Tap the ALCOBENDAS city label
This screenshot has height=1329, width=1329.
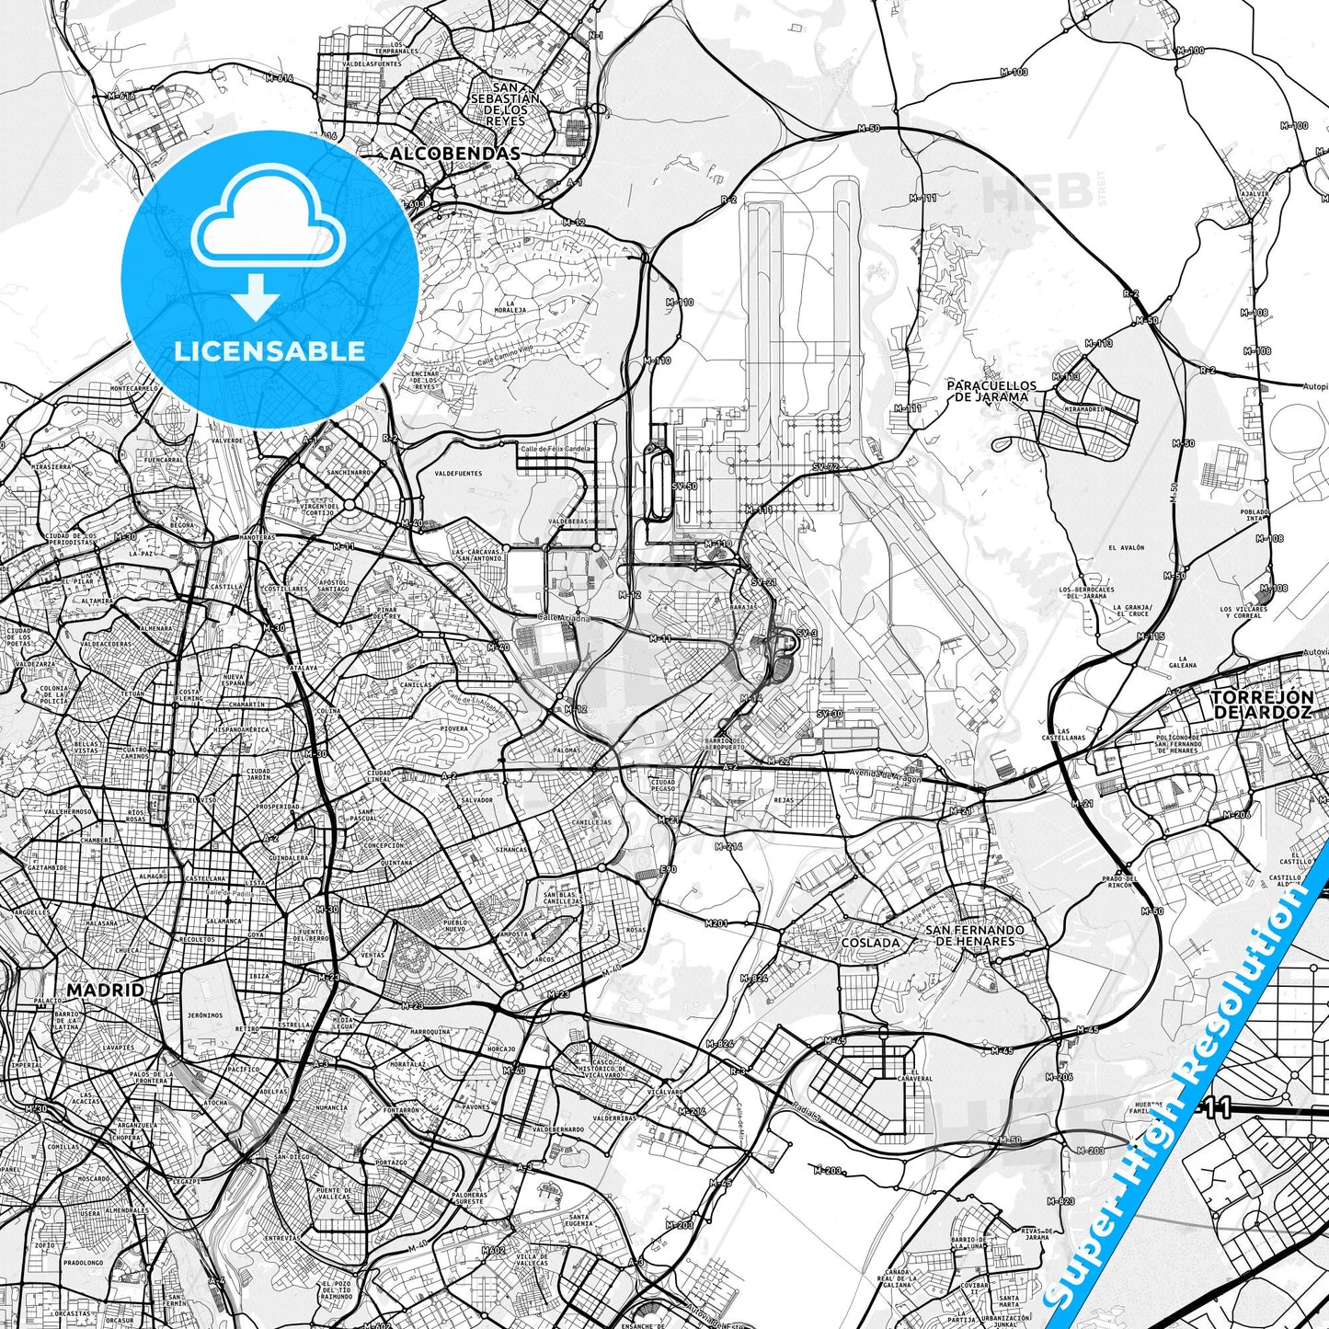tap(455, 154)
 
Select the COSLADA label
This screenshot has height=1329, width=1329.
tap(870, 943)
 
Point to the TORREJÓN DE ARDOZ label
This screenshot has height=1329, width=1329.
tap(1262, 705)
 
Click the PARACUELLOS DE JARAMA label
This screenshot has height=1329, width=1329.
tap(991, 392)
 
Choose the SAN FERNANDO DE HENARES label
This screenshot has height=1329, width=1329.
tap(974, 935)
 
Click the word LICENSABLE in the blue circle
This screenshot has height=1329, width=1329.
tap(269, 350)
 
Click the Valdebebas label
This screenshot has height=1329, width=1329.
tap(567, 521)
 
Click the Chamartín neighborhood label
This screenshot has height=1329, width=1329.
tap(246, 705)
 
